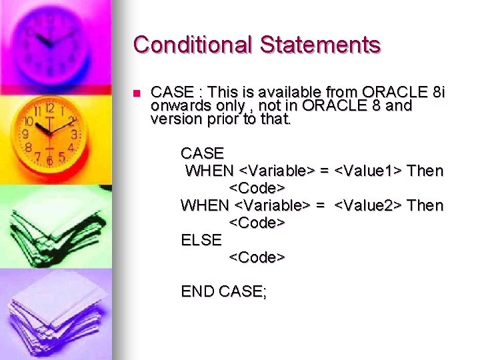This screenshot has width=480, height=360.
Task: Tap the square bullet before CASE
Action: point(137,93)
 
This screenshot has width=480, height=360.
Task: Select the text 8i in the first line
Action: point(436,92)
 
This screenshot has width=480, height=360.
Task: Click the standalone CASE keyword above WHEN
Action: point(202,154)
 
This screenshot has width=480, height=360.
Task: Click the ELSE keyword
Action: point(201,239)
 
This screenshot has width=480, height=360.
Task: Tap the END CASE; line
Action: point(223,291)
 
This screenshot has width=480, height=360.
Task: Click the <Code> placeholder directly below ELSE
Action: point(257,257)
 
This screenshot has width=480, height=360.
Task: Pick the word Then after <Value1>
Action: point(425,171)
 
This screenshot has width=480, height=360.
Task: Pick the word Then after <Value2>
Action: point(425,205)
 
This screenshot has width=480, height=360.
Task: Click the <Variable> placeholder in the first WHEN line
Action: point(276,171)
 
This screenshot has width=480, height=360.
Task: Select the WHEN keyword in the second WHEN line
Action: point(205,205)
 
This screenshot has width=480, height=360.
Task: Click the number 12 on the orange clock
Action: point(49,107)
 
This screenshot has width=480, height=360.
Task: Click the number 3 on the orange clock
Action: point(73,134)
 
